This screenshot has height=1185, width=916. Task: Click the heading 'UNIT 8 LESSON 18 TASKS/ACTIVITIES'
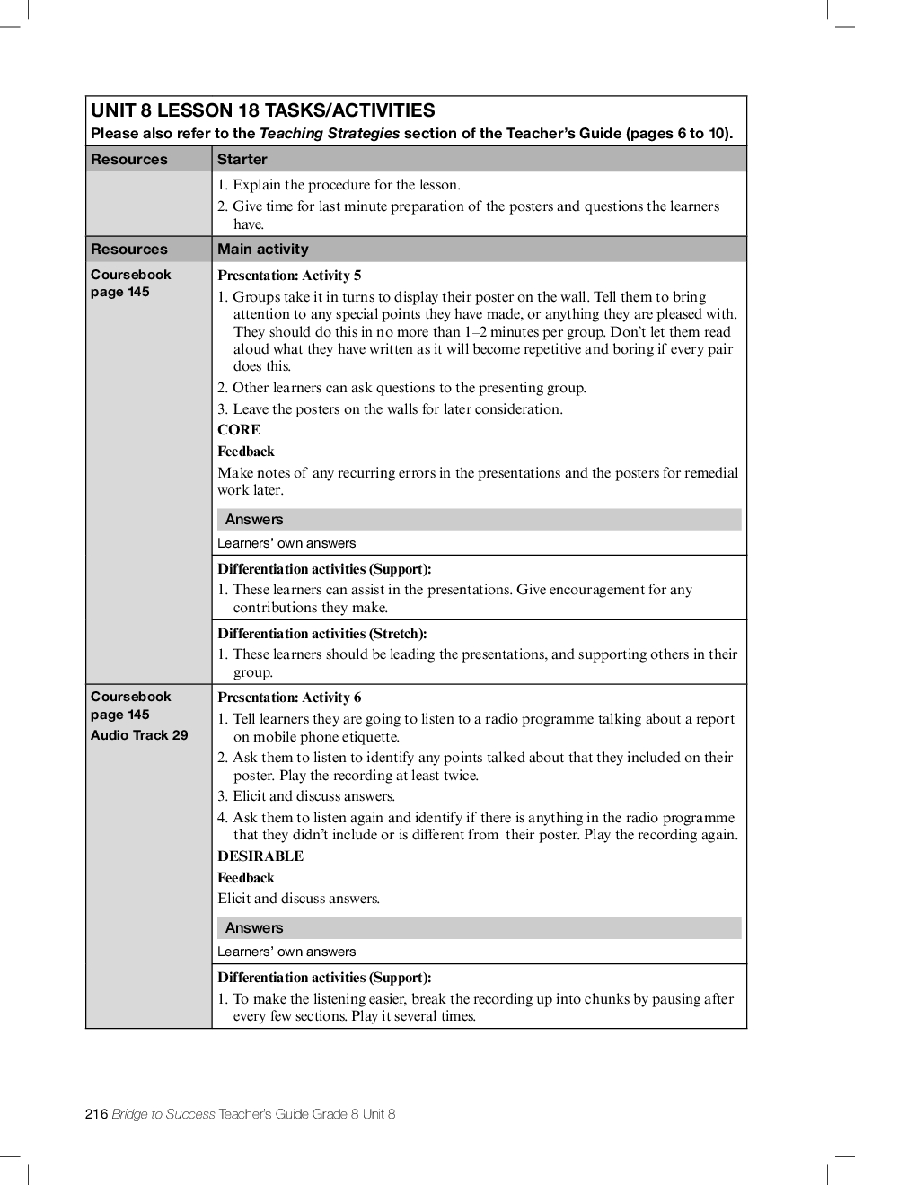[x=262, y=111]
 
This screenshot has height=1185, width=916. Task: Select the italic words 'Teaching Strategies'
[x=329, y=134]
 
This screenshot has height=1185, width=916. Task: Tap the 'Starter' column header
[x=242, y=160]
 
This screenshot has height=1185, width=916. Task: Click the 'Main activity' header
[x=262, y=250]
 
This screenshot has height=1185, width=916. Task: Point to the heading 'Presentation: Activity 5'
[x=289, y=276]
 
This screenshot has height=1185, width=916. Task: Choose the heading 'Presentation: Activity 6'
[x=289, y=698]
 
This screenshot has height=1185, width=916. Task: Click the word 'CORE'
[x=239, y=430]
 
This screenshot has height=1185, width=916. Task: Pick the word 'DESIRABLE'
[x=260, y=856]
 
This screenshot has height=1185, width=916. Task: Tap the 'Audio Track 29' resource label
[x=139, y=735]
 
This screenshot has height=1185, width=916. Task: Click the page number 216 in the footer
[x=97, y=1114]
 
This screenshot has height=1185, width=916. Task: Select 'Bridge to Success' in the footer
[x=163, y=1114]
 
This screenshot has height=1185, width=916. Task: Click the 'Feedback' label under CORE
[x=246, y=452]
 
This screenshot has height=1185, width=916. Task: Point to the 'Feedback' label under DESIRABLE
[x=246, y=878]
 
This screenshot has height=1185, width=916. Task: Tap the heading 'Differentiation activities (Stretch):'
[x=321, y=634]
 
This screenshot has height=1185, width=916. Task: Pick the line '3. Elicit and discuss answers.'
[x=306, y=796]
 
